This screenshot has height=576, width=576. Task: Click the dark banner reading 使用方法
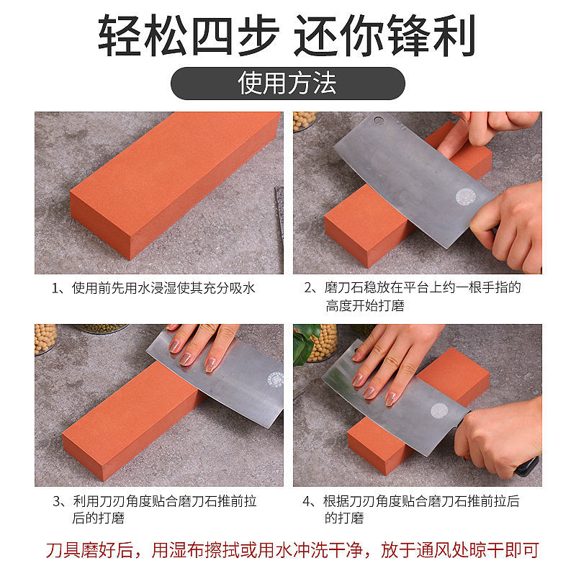click(287, 84)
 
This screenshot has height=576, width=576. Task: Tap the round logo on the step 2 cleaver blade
click(466, 197)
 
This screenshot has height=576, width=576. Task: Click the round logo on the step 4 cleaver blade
click(438, 410)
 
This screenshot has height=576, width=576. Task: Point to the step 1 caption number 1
click(55, 288)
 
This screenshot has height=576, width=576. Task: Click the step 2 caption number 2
click(310, 288)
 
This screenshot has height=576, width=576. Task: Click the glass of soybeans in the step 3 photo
click(45, 338)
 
